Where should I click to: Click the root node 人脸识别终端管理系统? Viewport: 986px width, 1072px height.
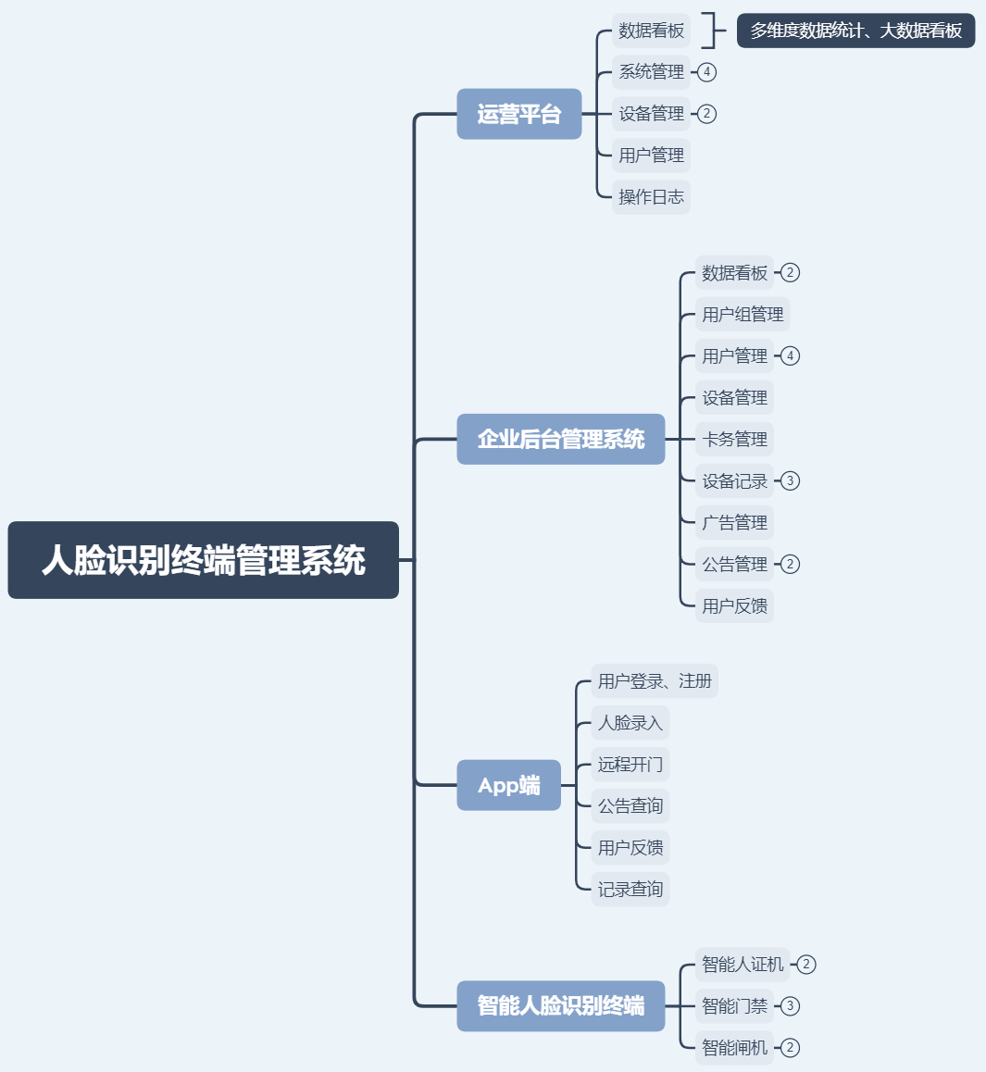203,560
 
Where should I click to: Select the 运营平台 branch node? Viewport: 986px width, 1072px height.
518,114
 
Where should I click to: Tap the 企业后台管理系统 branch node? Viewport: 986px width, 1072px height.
560,439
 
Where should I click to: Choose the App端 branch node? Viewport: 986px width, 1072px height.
508,785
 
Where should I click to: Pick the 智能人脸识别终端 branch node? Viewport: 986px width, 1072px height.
560,1005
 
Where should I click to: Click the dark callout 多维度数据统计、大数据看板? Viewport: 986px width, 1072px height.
855,31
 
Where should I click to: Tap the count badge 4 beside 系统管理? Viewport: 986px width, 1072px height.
706,72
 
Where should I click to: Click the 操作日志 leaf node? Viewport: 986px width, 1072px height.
651,197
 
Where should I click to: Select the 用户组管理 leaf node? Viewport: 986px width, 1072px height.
743,315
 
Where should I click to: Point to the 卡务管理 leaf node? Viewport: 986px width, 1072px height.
734,440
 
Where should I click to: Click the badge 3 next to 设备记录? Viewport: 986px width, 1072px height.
790,481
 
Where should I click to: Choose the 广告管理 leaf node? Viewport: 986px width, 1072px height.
734,523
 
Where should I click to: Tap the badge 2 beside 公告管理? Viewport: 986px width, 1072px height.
790,565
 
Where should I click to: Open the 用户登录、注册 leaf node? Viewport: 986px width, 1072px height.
655,681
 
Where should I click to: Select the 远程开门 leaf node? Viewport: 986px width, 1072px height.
630,765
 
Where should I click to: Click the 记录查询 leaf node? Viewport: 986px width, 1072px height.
630,890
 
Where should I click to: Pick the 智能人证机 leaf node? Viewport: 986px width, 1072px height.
743,965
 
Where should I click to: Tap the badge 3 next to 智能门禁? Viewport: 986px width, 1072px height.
790,1006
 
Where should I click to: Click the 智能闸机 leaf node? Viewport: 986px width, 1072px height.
734,1048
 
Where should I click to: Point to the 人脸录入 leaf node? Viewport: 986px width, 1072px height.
630,723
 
